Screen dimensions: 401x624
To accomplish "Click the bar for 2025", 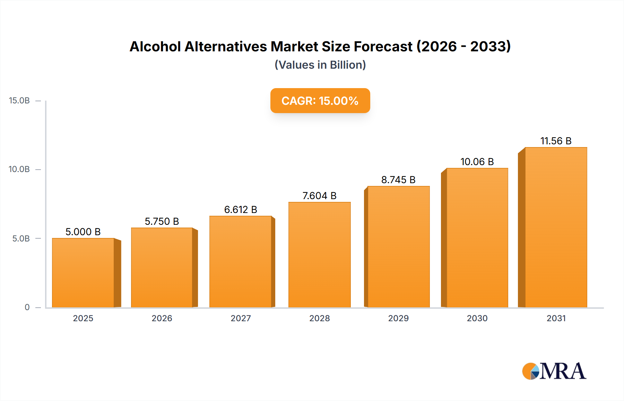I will pyautogui.click(x=83, y=273).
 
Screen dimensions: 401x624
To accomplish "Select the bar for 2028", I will pyautogui.click(x=319, y=255).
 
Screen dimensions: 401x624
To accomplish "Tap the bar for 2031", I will pyautogui.click(x=556, y=227).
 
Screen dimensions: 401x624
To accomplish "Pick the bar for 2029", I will pyautogui.click(x=398, y=247).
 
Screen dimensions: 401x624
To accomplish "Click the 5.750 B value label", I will pyautogui.click(x=162, y=221).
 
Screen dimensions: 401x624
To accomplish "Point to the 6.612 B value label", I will pyautogui.click(x=241, y=210).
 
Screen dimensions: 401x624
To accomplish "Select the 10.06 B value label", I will pyautogui.click(x=477, y=162).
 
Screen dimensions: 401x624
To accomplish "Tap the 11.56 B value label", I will pyautogui.click(x=556, y=141).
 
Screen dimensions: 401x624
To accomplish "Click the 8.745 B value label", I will pyautogui.click(x=398, y=180).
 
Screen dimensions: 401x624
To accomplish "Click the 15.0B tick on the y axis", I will pyautogui.click(x=19, y=101).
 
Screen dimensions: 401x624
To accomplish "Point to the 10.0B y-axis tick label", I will pyautogui.click(x=19, y=169).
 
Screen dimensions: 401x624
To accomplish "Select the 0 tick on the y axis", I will pyautogui.click(x=27, y=307).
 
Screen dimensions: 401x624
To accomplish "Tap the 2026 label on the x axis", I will pyautogui.click(x=162, y=318).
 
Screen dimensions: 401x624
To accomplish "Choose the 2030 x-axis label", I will pyautogui.click(x=477, y=318).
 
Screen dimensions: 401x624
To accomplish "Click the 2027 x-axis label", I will pyautogui.click(x=241, y=318).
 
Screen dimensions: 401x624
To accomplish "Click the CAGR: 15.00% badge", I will pyautogui.click(x=320, y=101).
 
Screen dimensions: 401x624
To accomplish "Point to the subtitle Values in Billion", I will pyautogui.click(x=320, y=65).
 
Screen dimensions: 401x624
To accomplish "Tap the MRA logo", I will pyautogui.click(x=554, y=371).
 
